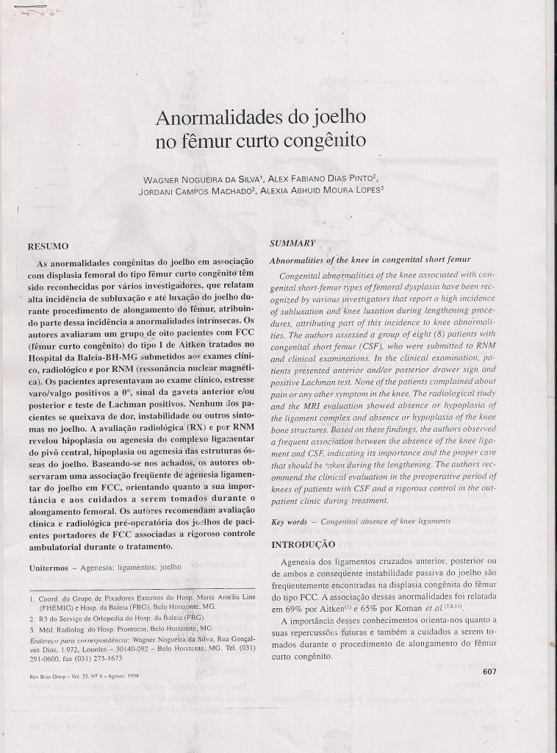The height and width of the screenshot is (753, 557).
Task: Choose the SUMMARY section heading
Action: [x=292, y=243]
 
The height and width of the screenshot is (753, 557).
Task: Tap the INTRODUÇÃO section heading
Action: [x=304, y=545]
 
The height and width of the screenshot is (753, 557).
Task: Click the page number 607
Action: [x=492, y=671]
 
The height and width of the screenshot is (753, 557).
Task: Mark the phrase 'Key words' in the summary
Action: [x=289, y=521]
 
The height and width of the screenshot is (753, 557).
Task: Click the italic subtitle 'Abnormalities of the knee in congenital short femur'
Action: [x=370, y=260]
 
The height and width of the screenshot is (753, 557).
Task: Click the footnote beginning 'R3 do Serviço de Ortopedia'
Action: [x=118, y=619]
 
